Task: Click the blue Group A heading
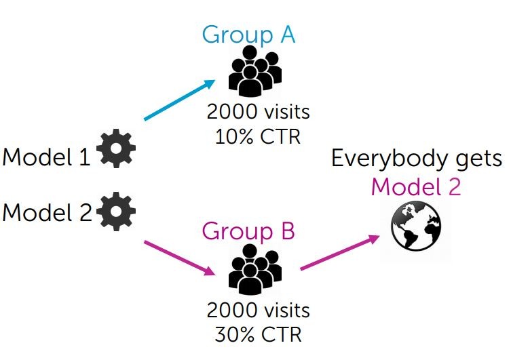[x=248, y=34]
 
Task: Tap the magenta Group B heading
[x=248, y=232]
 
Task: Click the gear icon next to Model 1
[x=116, y=151]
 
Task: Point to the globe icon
[x=416, y=226]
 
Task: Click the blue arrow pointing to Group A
[x=180, y=100]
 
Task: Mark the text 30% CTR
[x=258, y=334]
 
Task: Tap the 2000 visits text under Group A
[x=258, y=110]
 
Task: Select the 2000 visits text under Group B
[x=258, y=311]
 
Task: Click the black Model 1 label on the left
[x=46, y=157]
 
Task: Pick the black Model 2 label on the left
[x=46, y=213]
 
